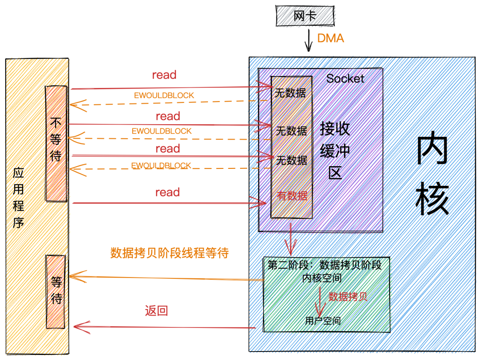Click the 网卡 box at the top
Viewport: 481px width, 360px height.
pyautogui.click(x=305, y=16)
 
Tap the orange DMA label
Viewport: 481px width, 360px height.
pyautogui.click(x=330, y=38)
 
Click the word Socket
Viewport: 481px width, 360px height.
pyautogui.click(x=345, y=79)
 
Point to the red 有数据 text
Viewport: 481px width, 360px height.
pyautogui.click(x=292, y=196)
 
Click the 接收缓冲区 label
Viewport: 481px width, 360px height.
pyautogui.click(x=335, y=151)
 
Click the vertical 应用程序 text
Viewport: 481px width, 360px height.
pyautogui.click(x=18, y=198)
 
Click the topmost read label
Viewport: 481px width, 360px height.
pyautogui.click(x=164, y=75)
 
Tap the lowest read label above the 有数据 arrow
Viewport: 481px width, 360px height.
pyautogui.click(x=167, y=192)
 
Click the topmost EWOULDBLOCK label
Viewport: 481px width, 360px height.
pyautogui.click(x=164, y=95)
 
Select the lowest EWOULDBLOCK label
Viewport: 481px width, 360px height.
pyautogui.click(x=161, y=165)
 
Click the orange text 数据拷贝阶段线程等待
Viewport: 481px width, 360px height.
pyautogui.click(x=170, y=253)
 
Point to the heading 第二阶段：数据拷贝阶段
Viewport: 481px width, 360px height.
pyautogui.click(x=325, y=265)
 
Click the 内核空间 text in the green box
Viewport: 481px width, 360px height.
pyautogui.click(x=322, y=278)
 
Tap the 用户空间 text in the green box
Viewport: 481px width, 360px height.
pyautogui.click(x=323, y=320)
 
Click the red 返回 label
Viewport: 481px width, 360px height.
pyautogui.click(x=156, y=311)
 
